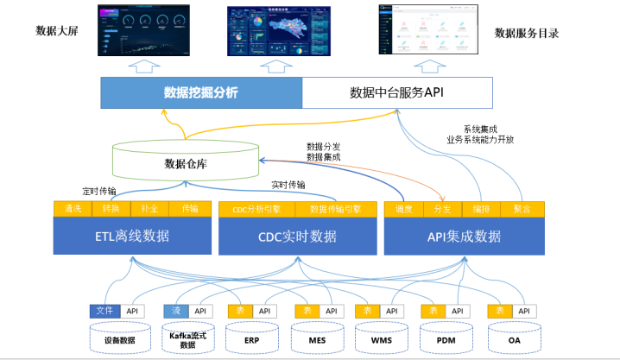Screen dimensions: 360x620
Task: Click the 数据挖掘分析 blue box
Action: (x=200, y=92)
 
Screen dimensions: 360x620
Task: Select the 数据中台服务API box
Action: (x=396, y=92)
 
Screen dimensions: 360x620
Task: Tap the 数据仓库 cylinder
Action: (x=187, y=162)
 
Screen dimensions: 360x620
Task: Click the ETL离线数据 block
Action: (x=132, y=236)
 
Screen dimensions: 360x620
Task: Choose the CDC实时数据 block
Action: (x=298, y=236)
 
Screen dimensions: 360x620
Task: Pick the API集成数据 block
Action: (x=464, y=236)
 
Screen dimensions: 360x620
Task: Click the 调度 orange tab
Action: (x=404, y=209)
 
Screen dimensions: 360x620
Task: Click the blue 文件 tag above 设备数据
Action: (x=104, y=311)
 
